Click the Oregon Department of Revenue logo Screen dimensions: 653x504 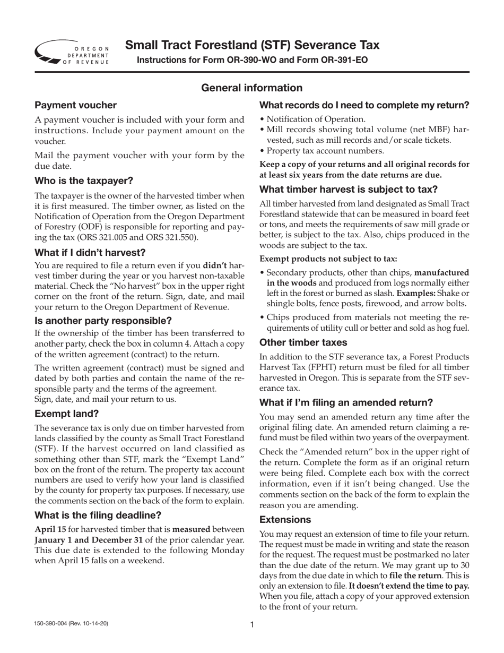click(72, 53)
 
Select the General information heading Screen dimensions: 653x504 click(251, 88)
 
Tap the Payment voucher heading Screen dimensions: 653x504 click(75, 105)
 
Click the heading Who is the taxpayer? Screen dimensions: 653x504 click(84, 179)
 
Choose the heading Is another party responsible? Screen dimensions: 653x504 click(103, 320)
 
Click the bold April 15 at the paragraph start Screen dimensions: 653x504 click(49, 529)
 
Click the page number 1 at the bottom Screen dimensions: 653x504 click(252, 625)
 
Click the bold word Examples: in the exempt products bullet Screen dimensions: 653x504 click(418, 293)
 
